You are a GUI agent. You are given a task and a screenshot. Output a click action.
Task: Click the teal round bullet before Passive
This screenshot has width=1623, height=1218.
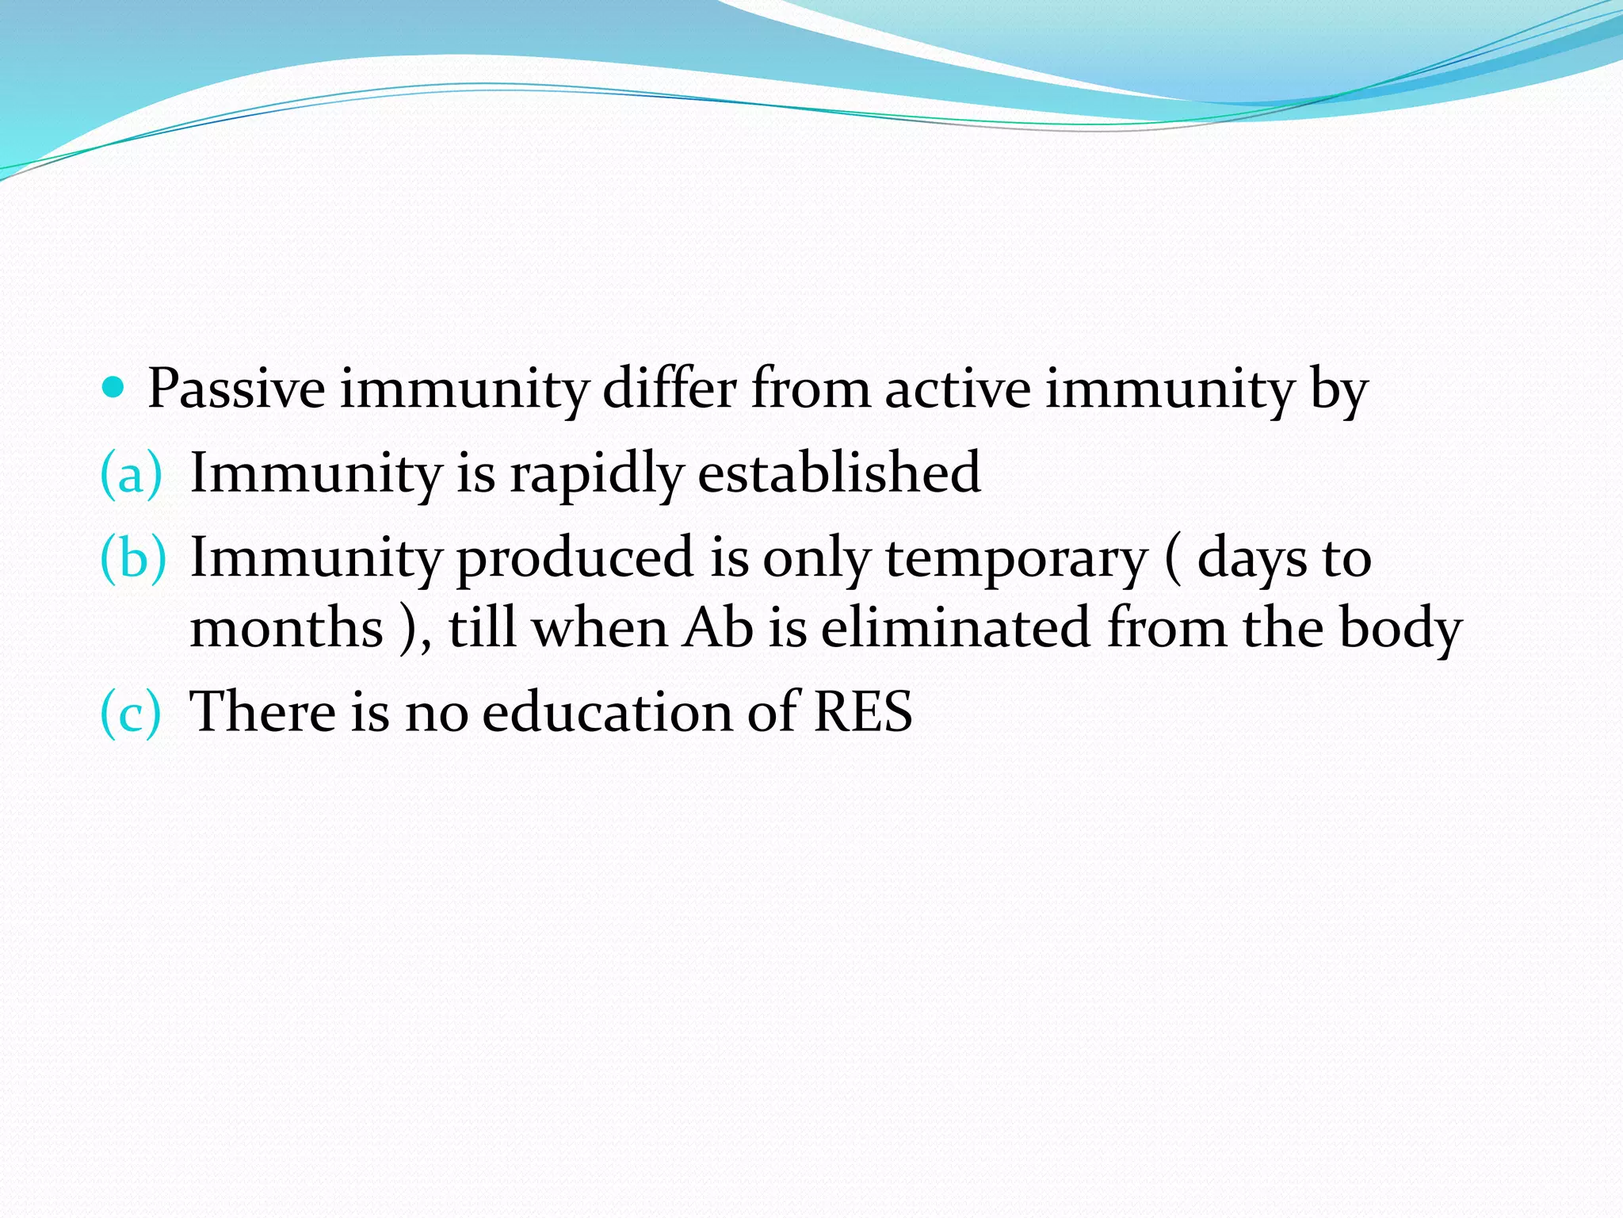[x=114, y=388]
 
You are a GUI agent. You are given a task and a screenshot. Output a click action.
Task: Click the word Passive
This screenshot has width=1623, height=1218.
[x=236, y=389]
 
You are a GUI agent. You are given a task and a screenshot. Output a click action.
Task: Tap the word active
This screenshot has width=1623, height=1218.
[x=957, y=389]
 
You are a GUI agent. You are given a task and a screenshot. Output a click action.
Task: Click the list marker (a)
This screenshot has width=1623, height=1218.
[x=131, y=473]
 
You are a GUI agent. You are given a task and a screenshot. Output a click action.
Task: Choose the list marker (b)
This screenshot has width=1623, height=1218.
[x=133, y=557]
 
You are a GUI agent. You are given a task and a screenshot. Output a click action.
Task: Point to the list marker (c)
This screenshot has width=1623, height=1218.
[x=131, y=711]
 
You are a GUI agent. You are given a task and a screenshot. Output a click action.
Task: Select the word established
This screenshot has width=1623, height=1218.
[x=839, y=473]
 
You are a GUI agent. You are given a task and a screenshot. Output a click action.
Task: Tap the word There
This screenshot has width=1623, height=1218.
[x=263, y=711]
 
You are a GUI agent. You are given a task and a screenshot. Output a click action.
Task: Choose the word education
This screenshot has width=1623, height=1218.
[x=607, y=711]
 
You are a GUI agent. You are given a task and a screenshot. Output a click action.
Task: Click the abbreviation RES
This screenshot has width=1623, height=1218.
[x=863, y=711]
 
